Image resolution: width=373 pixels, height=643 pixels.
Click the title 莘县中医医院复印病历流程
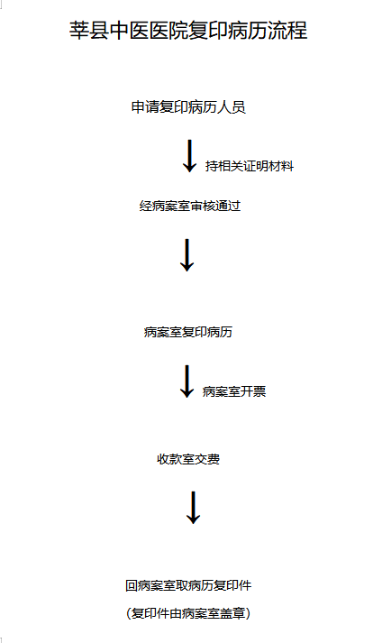point(188,31)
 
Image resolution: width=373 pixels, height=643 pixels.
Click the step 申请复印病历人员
point(188,107)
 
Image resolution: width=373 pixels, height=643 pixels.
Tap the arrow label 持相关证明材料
point(250,166)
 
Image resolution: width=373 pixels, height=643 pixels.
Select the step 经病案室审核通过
point(190,206)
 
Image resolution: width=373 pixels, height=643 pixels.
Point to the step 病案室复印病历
point(187,332)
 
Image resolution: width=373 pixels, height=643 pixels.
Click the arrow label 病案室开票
point(234,391)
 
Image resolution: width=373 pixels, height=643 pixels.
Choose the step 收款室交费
point(188,459)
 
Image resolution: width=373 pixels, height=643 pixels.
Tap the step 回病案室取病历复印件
point(188,585)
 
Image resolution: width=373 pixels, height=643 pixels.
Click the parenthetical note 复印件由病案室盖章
point(188,613)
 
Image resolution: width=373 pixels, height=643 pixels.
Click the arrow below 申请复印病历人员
point(189,156)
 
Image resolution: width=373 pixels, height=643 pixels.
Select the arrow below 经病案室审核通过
point(186,255)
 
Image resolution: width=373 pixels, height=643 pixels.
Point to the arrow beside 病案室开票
point(186,381)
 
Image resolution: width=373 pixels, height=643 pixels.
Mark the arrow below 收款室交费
point(193,508)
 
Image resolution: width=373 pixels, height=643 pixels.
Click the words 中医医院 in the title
point(149,31)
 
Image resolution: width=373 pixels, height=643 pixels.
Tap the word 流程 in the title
point(287,31)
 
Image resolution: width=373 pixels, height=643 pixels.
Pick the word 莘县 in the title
point(88,31)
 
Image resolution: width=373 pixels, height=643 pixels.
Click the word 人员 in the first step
point(232,107)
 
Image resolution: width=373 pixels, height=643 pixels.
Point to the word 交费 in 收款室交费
point(207,459)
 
